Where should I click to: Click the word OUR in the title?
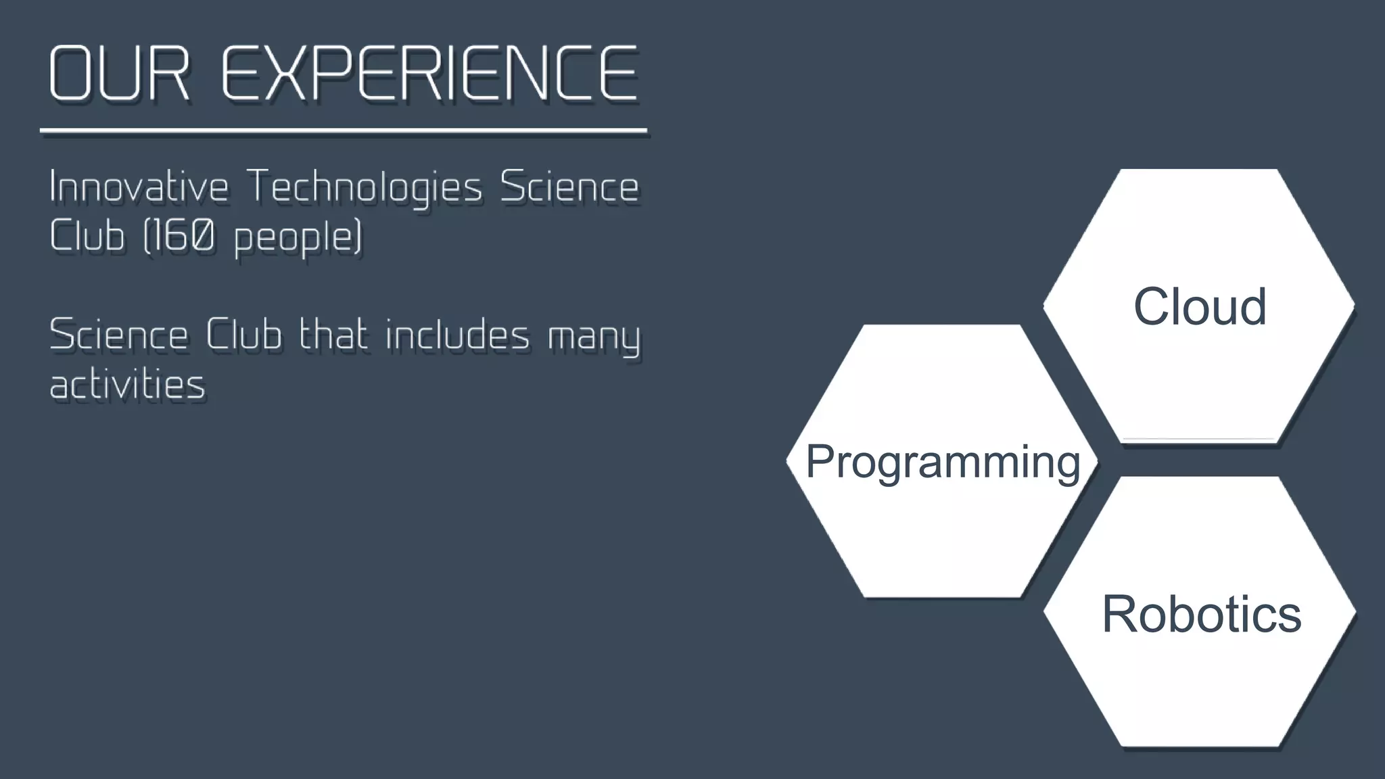[119, 74]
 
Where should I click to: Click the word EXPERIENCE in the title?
[429, 74]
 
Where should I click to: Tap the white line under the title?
[344, 130]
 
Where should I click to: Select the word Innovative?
[139, 187]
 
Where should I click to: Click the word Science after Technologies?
[569, 187]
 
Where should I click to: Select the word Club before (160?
[87, 236]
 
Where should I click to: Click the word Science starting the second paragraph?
[119, 335]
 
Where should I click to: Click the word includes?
[458, 335]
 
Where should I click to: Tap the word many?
[593, 337]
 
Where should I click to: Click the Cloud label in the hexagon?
[1199, 306]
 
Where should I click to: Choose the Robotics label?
[1201, 613]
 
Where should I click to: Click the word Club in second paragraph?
[243, 335]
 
